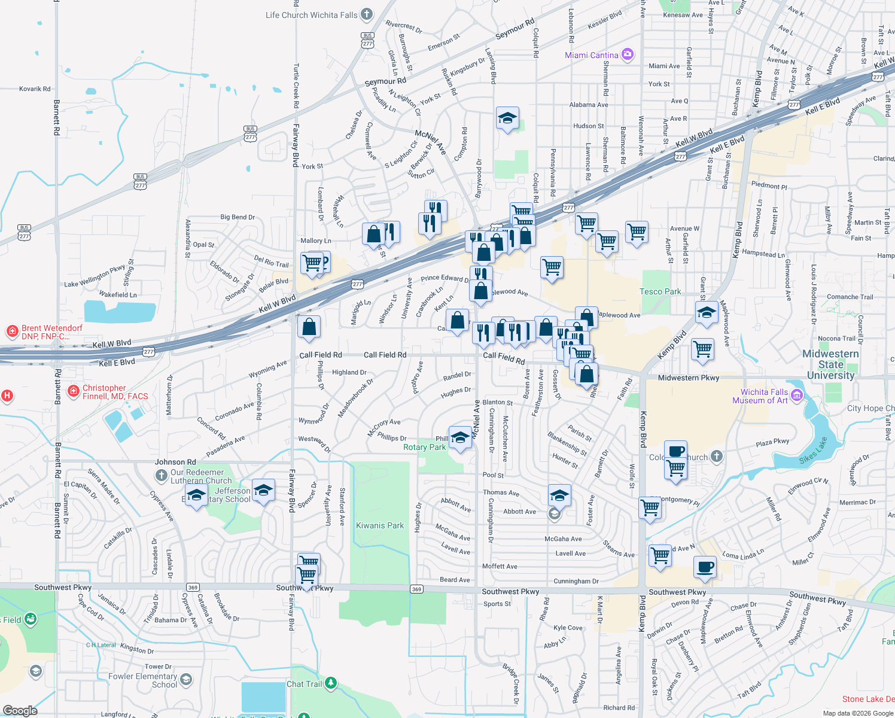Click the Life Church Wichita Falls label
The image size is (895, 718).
(312, 15)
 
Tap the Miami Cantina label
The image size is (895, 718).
(592, 55)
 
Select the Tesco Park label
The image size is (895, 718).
(660, 291)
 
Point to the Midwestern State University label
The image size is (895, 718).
(830, 364)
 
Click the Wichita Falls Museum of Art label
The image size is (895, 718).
(764, 396)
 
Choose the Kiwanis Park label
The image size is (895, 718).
(380, 525)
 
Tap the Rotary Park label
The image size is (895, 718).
(424, 447)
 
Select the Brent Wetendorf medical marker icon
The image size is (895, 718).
(12, 331)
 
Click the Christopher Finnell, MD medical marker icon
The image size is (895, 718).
(73, 391)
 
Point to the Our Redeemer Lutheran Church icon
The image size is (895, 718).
(161, 476)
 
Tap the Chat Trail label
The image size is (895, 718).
(305, 684)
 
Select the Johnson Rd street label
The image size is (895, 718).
(175, 462)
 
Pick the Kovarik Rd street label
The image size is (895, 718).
(35, 89)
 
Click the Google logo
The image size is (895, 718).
(20, 711)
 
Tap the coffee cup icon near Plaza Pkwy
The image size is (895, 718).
(675, 451)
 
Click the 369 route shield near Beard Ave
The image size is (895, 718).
(416, 589)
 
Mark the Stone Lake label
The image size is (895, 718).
(867, 699)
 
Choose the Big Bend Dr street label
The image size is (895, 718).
(238, 217)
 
